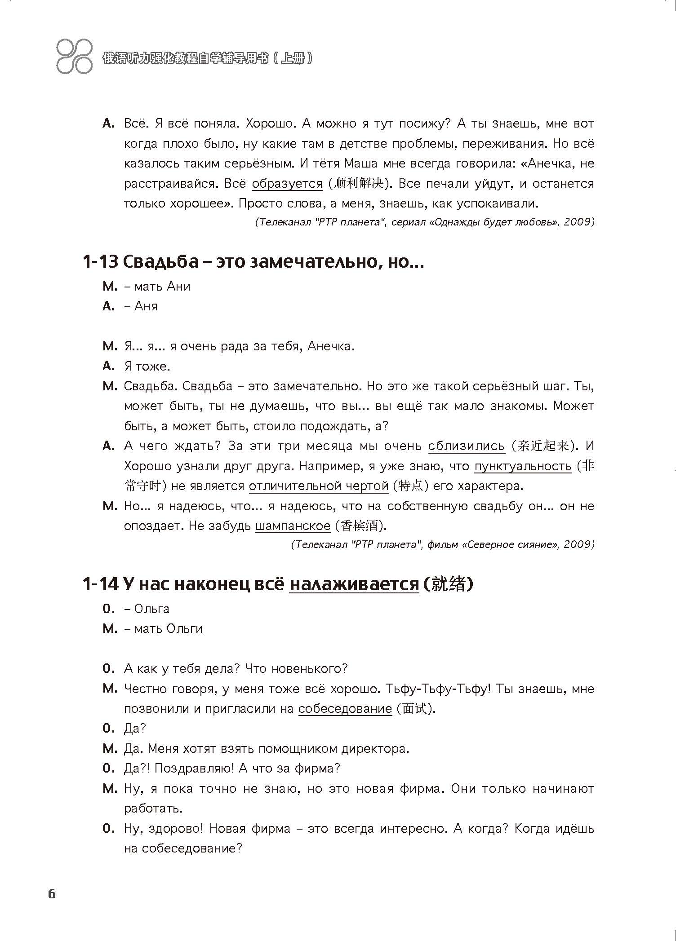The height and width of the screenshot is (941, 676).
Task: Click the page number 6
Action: click(52, 894)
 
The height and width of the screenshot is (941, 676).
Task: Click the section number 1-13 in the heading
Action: click(100, 261)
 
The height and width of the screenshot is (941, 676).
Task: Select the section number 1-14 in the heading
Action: click(100, 584)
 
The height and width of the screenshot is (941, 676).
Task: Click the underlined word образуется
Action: click(287, 184)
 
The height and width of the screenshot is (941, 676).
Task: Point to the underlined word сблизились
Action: click(467, 446)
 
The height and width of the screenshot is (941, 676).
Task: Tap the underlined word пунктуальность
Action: click(523, 466)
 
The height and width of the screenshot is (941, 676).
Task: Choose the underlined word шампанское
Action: click(293, 526)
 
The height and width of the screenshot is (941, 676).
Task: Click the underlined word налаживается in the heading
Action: click(354, 584)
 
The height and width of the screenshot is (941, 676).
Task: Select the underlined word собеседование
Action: click(345, 709)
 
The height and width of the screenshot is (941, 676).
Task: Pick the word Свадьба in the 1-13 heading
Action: click(160, 261)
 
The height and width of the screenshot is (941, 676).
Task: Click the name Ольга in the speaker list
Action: click(152, 609)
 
